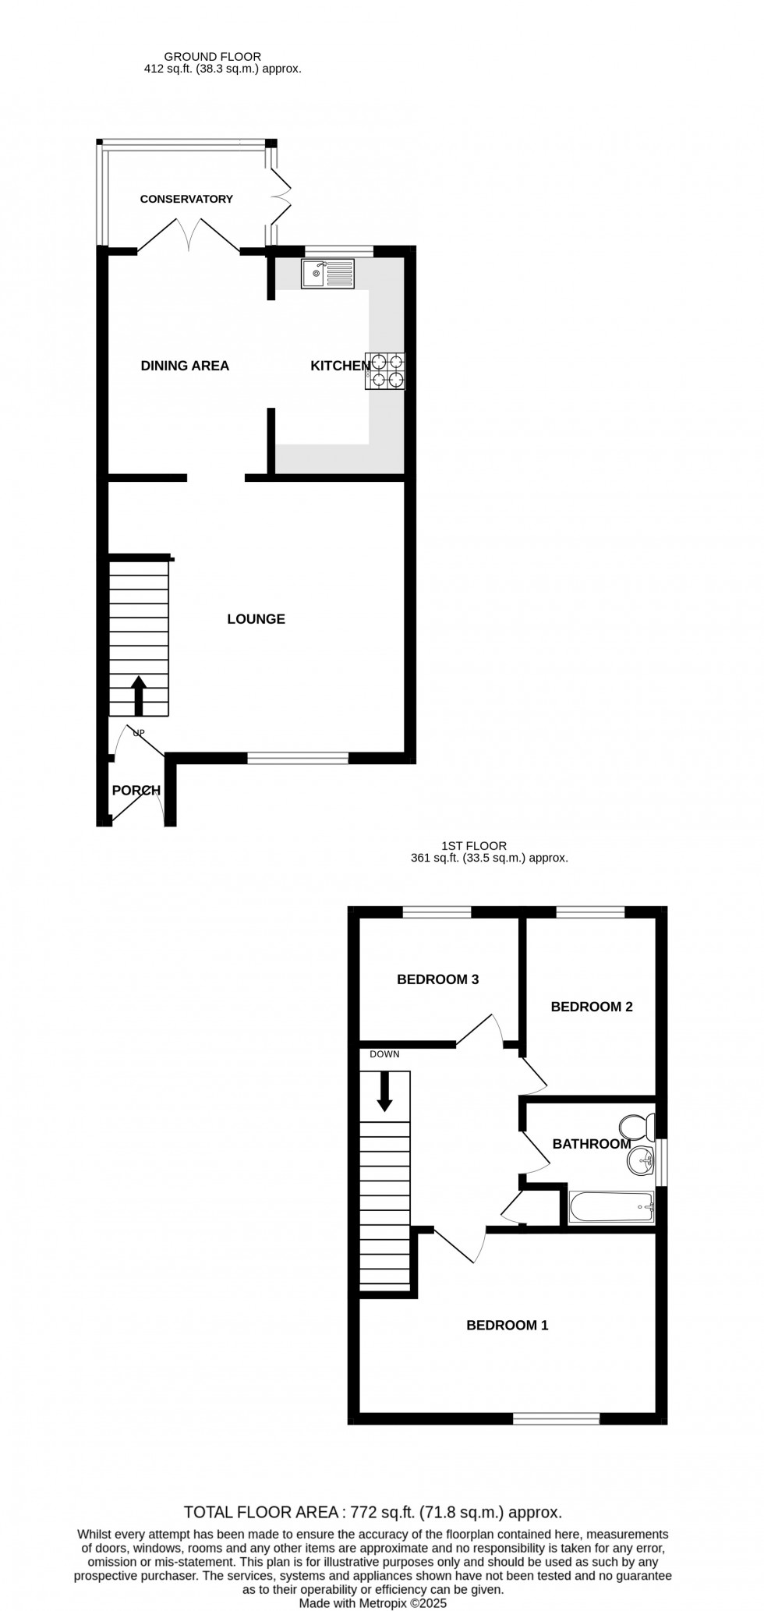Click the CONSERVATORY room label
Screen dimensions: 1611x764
pyautogui.click(x=186, y=199)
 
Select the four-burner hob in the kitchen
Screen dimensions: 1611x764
pyautogui.click(x=385, y=371)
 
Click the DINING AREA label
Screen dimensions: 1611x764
pyautogui.click(x=185, y=366)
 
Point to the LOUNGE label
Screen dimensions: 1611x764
pyautogui.click(x=256, y=619)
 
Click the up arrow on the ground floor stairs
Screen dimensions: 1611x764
pyautogui.click(x=139, y=695)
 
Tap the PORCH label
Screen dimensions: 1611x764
pyautogui.click(x=136, y=791)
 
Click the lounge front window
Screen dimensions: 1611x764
pyautogui.click(x=298, y=757)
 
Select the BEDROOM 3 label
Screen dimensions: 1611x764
pyautogui.click(x=437, y=979)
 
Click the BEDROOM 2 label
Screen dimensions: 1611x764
pyautogui.click(x=591, y=1007)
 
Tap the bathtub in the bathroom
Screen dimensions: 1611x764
pyautogui.click(x=611, y=1207)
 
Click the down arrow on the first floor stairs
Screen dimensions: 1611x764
pyautogui.click(x=384, y=1091)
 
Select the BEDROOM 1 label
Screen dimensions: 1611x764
pyautogui.click(x=507, y=1325)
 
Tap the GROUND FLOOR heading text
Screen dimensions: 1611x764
pyautogui.click(x=212, y=56)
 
